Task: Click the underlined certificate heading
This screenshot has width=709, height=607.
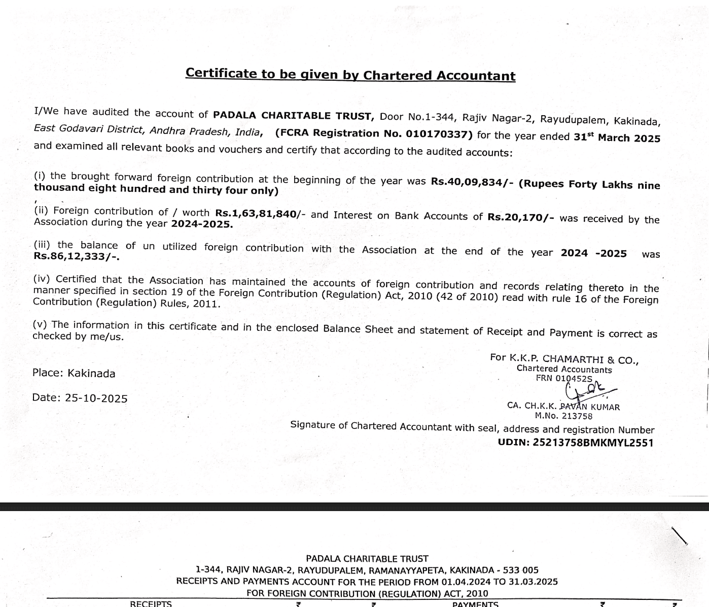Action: click(350, 74)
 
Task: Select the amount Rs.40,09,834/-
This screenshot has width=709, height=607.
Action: click(470, 182)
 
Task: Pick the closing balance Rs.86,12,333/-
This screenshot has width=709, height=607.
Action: click(77, 256)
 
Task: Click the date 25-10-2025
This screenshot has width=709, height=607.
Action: click(96, 398)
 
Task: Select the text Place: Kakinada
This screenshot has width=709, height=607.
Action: click(74, 373)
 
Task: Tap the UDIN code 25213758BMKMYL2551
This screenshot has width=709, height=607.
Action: click(593, 443)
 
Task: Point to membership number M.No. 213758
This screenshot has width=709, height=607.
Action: click(563, 416)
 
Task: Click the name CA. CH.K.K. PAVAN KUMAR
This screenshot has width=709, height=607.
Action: click(563, 407)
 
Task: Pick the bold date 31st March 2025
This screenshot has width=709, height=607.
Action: click(617, 138)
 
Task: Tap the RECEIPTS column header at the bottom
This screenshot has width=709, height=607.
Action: click(151, 603)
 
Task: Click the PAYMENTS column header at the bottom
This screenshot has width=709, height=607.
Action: click(475, 604)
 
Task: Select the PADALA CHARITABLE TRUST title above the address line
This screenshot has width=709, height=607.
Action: click(367, 559)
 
